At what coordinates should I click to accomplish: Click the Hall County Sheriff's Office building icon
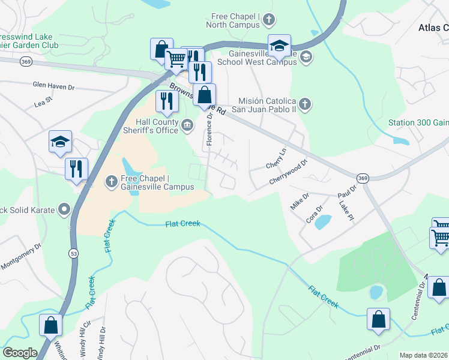pyautogui.click(x=187, y=125)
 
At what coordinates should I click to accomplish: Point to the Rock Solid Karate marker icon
pyautogui.click(x=65, y=210)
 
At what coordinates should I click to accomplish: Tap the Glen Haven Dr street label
pyautogui.click(x=54, y=86)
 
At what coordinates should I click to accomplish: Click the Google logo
pyautogui.click(x=20, y=353)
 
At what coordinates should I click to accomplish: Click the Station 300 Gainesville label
pyautogui.click(x=418, y=122)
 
